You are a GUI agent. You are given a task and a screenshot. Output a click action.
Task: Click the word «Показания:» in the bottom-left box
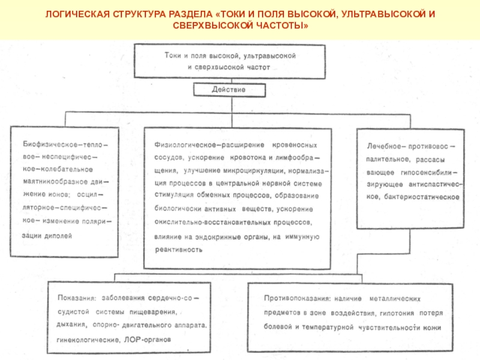pyautogui.click(x=76, y=298)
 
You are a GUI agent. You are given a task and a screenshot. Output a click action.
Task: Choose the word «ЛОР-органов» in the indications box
pyautogui.click(x=146, y=339)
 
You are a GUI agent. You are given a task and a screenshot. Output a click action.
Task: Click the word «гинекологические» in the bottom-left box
pyautogui.click(x=86, y=340)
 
